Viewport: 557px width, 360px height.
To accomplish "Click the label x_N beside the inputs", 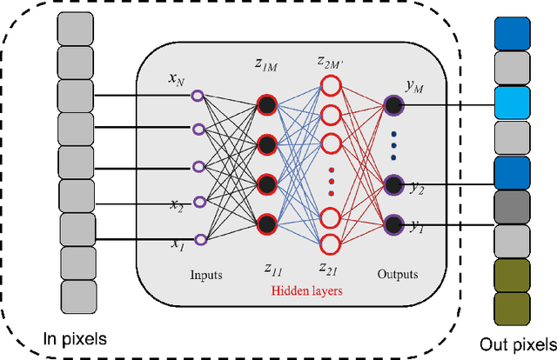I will click(x=177, y=79).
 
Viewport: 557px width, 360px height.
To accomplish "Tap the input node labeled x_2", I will click(x=198, y=202).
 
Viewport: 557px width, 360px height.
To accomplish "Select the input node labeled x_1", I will click(x=198, y=237).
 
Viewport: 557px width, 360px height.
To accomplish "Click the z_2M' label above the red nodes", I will click(x=330, y=63).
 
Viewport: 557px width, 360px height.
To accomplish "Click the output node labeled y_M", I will click(x=394, y=104).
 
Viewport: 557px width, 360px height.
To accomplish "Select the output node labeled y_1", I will click(x=394, y=223).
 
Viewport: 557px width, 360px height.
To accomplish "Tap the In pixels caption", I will click(x=75, y=337).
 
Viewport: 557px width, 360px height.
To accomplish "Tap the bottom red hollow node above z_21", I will click(x=330, y=243).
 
